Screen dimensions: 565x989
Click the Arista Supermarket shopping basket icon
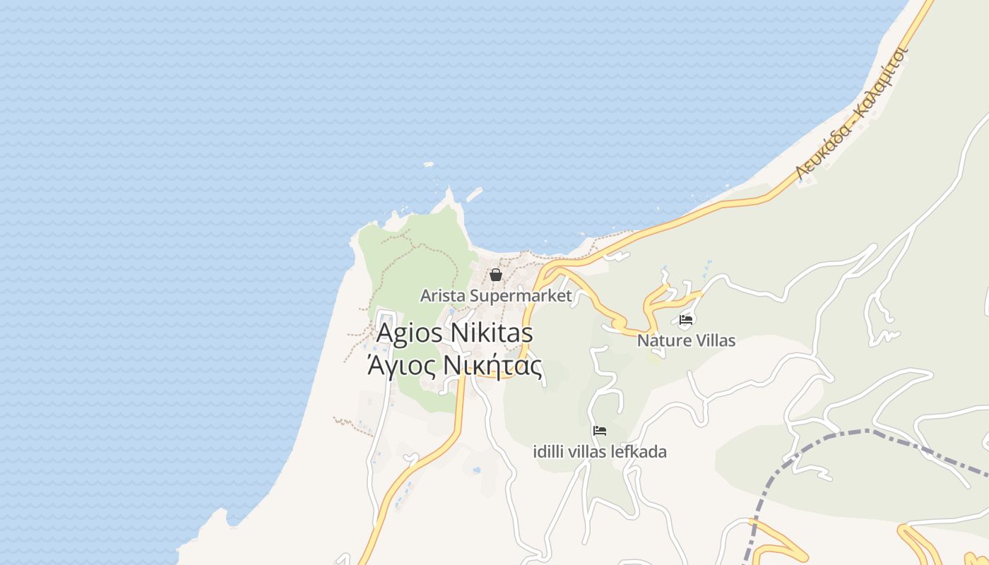[x=496, y=275]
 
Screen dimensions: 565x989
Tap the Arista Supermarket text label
[x=496, y=295]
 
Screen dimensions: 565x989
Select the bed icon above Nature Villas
[x=685, y=320]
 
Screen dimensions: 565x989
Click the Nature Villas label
[x=686, y=340]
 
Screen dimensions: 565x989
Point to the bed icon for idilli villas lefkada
[x=600, y=431]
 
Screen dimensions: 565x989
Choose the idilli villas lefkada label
[x=600, y=451]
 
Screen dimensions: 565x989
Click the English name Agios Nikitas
[x=454, y=333]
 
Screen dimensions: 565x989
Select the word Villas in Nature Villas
[x=712, y=340]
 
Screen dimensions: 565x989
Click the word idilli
[x=548, y=451]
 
